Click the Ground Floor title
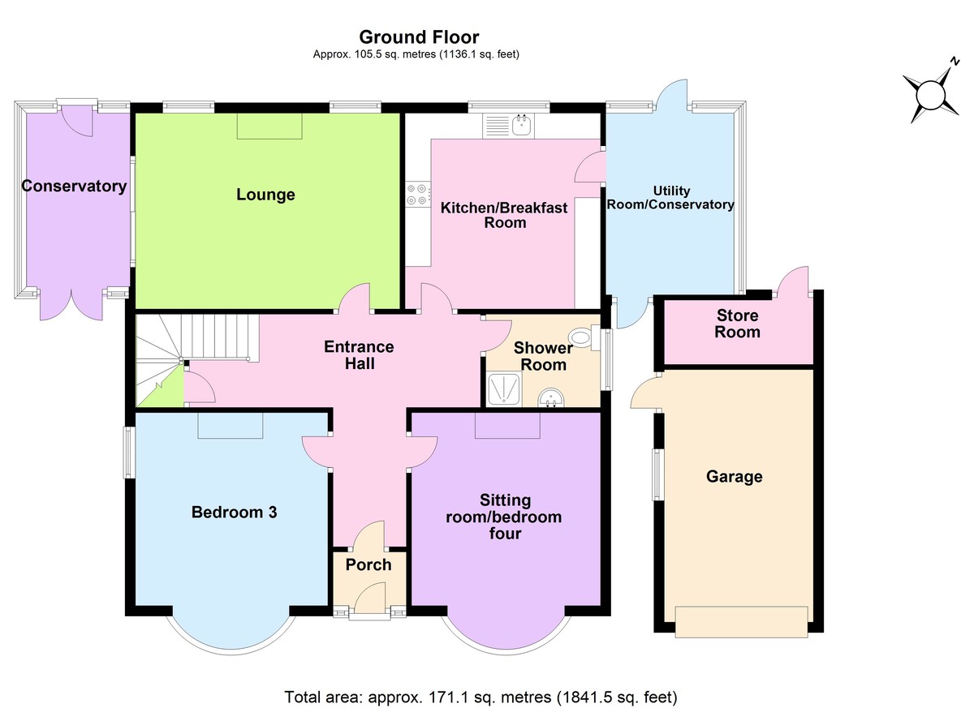pos(419,37)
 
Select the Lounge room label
pos(265,195)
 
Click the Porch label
pos(368,564)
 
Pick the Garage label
pos(734,476)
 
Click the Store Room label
pos(737,324)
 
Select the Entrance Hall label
pos(359,355)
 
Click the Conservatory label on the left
pos(74,187)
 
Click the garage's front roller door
pos(741,621)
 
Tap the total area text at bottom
pos(481,697)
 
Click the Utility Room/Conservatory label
pos(670,198)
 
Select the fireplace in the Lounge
pos(269,127)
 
